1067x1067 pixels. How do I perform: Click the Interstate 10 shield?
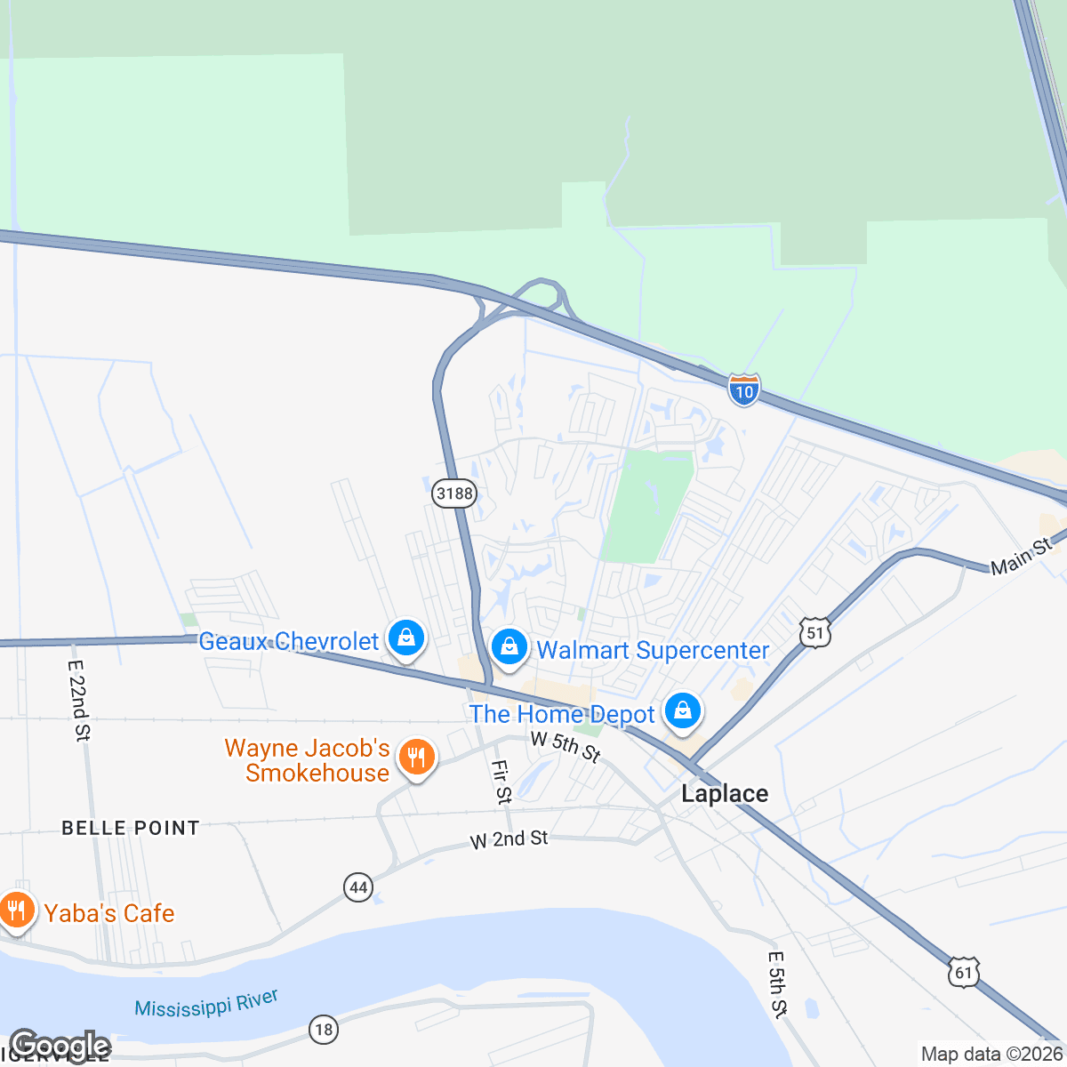[x=743, y=389]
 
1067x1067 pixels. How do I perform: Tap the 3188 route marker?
[x=454, y=493]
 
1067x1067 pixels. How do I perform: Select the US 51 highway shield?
[x=815, y=632]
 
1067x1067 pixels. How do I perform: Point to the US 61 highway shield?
[x=964, y=972]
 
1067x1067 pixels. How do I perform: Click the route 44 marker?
[x=358, y=886]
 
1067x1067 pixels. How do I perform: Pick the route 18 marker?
[x=323, y=1030]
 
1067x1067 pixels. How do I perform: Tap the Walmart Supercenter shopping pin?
[x=509, y=646]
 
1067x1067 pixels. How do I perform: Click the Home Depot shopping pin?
[x=682, y=710]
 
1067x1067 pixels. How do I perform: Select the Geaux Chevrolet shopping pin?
[x=406, y=638]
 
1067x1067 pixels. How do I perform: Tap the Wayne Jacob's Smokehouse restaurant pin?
[x=415, y=757]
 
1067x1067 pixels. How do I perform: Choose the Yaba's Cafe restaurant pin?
[x=17, y=910]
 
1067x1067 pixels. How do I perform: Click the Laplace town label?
[x=725, y=793]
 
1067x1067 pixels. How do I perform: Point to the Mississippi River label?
[x=206, y=1004]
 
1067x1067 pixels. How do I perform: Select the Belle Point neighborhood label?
[x=131, y=828]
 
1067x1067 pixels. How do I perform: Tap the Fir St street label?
[x=502, y=782]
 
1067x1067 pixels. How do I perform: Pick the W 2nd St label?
[x=509, y=838]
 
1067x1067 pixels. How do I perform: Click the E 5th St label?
[x=777, y=984]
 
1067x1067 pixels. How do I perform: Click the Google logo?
[x=60, y=1046]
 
